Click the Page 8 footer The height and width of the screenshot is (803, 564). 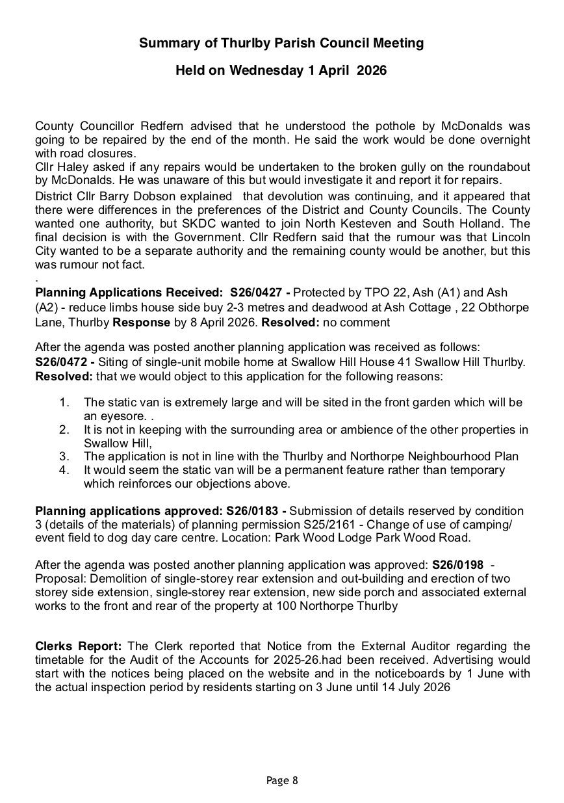[x=282, y=780]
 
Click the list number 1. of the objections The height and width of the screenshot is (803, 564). [x=64, y=403]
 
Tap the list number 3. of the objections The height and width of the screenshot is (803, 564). [x=64, y=456]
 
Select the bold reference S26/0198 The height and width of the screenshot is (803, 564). [x=457, y=565]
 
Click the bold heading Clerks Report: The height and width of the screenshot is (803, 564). [x=78, y=646]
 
